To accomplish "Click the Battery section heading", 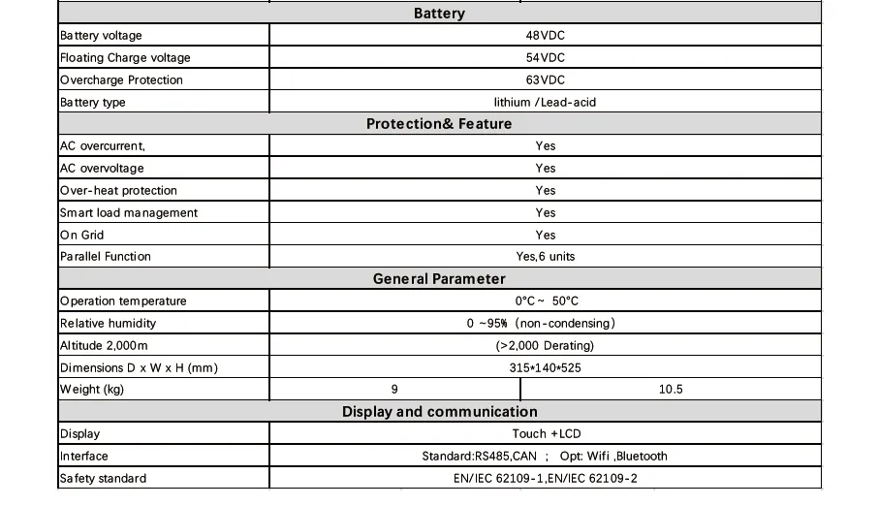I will pos(439,14).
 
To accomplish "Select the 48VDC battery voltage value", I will pos(545,36).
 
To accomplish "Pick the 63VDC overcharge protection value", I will pos(545,80).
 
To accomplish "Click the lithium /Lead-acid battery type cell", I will pos(545,103).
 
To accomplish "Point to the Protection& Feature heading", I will pos(439,124).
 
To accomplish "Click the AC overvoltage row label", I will pos(103,169).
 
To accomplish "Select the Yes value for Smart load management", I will pos(546,213).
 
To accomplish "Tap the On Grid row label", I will pos(82,236).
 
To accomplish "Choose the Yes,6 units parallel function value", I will pos(546,257).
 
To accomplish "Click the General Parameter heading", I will pos(439,279).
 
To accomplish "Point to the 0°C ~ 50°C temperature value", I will pos(546,301).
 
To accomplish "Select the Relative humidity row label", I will pos(108,324).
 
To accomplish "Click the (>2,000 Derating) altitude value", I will pos(546,346).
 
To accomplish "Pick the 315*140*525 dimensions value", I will pos(546,368).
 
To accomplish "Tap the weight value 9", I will pos(394,390).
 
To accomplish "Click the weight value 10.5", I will pos(671,390).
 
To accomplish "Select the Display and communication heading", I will pos(439,412).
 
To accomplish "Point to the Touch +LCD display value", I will pos(546,434).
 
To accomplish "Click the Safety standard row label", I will pos(104,479).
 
